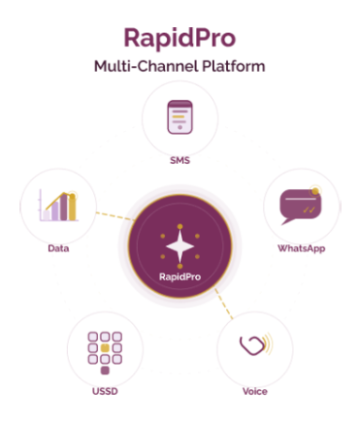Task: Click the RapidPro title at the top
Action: pyautogui.click(x=180, y=38)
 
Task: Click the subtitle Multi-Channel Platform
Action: pyautogui.click(x=180, y=66)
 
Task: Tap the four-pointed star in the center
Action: pyautogui.click(x=180, y=247)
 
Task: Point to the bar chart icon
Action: pyautogui.click(x=58, y=205)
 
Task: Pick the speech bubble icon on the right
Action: pyautogui.click(x=300, y=205)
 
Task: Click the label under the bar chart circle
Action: pyautogui.click(x=58, y=248)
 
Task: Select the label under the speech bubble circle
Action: pyautogui.click(x=301, y=248)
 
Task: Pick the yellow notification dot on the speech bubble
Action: pyautogui.click(x=314, y=189)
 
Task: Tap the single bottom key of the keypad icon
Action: pyautogui.click(x=105, y=370)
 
